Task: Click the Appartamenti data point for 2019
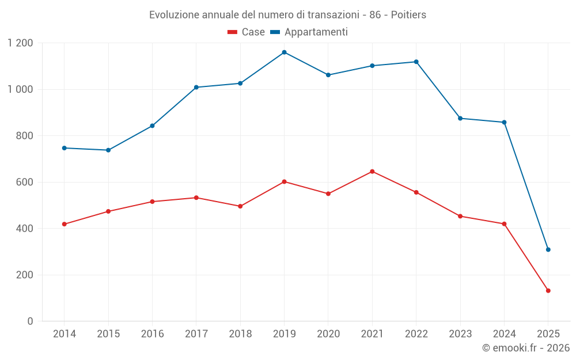pyautogui.click(x=284, y=52)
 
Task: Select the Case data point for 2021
pyautogui.click(x=372, y=172)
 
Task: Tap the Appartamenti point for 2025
pyautogui.click(x=548, y=249)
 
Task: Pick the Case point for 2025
pyautogui.click(x=548, y=291)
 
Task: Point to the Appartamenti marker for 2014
pyautogui.click(x=64, y=148)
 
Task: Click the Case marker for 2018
pyautogui.click(x=240, y=206)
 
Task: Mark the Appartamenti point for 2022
pyautogui.click(x=416, y=62)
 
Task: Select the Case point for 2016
pyautogui.click(x=152, y=202)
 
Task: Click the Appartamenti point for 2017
pyautogui.click(x=196, y=87)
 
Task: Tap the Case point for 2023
pyautogui.click(x=460, y=216)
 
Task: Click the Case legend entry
pyautogui.click(x=247, y=32)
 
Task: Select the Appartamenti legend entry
pyautogui.click(x=309, y=32)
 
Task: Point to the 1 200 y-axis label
pyautogui.click(x=21, y=43)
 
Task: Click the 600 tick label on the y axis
pyautogui.click(x=25, y=182)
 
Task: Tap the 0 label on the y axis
pyautogui.click(x=31, y=321)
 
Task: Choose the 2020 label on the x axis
pyautogui.click(x=328, y=334)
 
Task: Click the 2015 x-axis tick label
pyautogui.click(x=108, y=334)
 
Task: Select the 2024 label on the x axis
pyautogui.click(x=504, y=334)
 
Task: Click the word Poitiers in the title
pyautogui.click(x=408, y=15)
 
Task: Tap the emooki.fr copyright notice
pyautogui.click(x=525, y=348)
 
